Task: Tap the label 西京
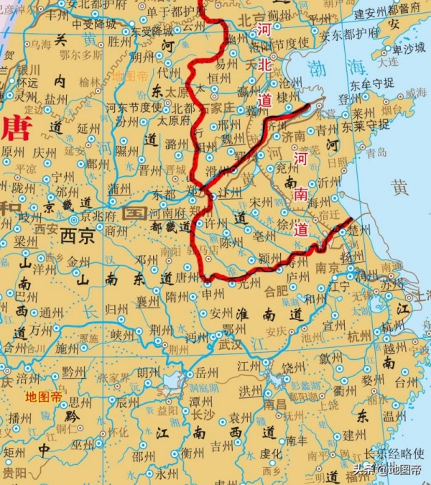pos(77,236)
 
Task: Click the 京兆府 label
pos(96,214)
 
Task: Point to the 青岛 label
pos(376,152)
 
